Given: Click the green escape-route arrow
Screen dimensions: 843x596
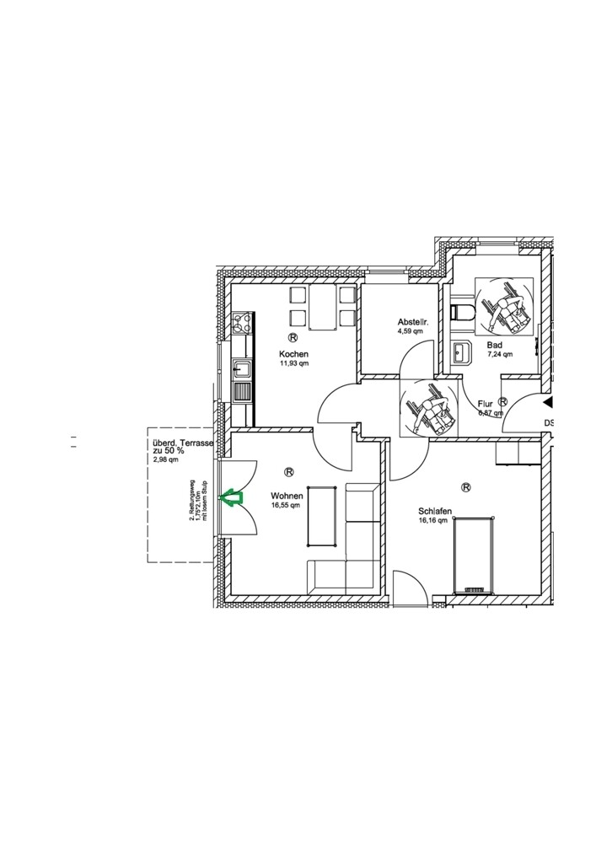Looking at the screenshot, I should click(230, 499).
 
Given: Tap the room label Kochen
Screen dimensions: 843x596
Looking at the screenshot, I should click(294, 353).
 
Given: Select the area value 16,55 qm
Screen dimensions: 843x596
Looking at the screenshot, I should click(285, 506).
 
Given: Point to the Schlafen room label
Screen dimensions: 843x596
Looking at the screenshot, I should click(437, 511).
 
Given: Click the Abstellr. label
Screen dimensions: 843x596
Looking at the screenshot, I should click(415, 323).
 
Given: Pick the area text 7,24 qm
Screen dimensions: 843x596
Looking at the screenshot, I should click(500, 356).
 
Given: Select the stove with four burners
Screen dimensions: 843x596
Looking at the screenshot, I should click(243, 322).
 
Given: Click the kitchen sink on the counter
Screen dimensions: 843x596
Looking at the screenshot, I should click(242, 368).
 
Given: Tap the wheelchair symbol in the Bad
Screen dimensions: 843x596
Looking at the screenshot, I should click(503, 305).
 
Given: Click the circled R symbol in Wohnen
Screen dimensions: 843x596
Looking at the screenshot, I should click(289, 472).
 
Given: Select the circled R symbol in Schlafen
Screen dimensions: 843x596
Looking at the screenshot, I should click(465, 486).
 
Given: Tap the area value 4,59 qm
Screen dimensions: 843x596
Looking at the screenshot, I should click(410, 332).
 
